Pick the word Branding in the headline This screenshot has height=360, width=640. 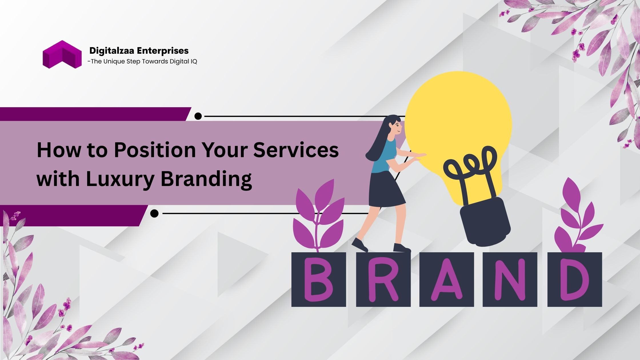(206, 179)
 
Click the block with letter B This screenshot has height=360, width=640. (319, 279)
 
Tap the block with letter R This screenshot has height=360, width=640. (383, 279)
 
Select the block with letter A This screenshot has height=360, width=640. (447, 279)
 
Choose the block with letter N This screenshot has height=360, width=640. (510, 279)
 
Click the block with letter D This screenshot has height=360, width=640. (575, 279)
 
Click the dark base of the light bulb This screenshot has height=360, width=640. (485, 222)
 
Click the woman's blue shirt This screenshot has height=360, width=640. (385, 156)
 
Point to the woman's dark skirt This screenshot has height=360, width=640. (387, 189)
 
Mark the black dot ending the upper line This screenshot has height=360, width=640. (198, 116)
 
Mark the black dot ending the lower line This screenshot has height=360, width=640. (154, 213)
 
